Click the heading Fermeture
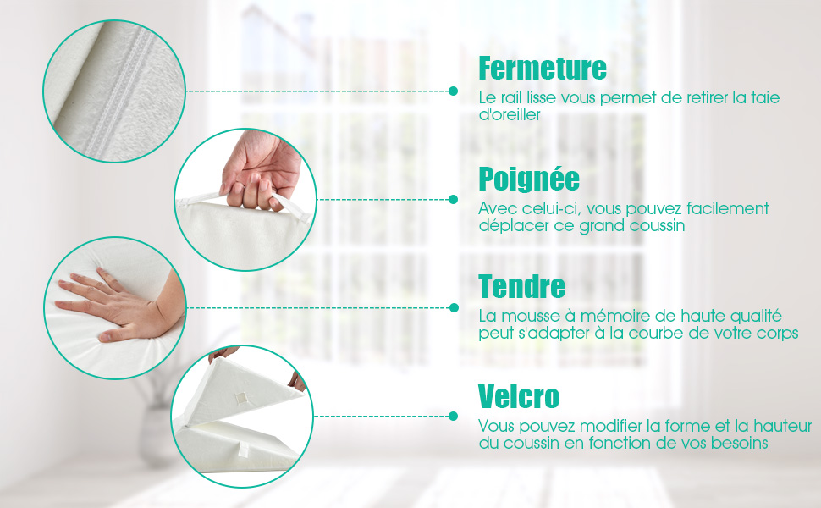pyautogui.click(x=543, y=68)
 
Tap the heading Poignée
pyautogui.click(x=529, y=179)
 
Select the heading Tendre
pyautogui.click(x=522, y=286)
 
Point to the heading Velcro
pyautogui.click(x=519, y=396)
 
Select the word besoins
pyautogui.click(x=739, y=443)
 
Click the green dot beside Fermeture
pyautogui.click(x=454, y=91)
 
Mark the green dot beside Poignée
pyautogui.click(x=454, y=200)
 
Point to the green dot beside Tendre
pyautogui.click(x=454, y=308)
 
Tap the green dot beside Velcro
pyautogui.click(x=454, y=417)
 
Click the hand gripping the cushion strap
pyautogui.click(x=260, y=170)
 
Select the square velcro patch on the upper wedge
pyautogui.click(x=240, y=399)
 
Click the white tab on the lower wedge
pyautogui.click(x=244, y=448)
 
